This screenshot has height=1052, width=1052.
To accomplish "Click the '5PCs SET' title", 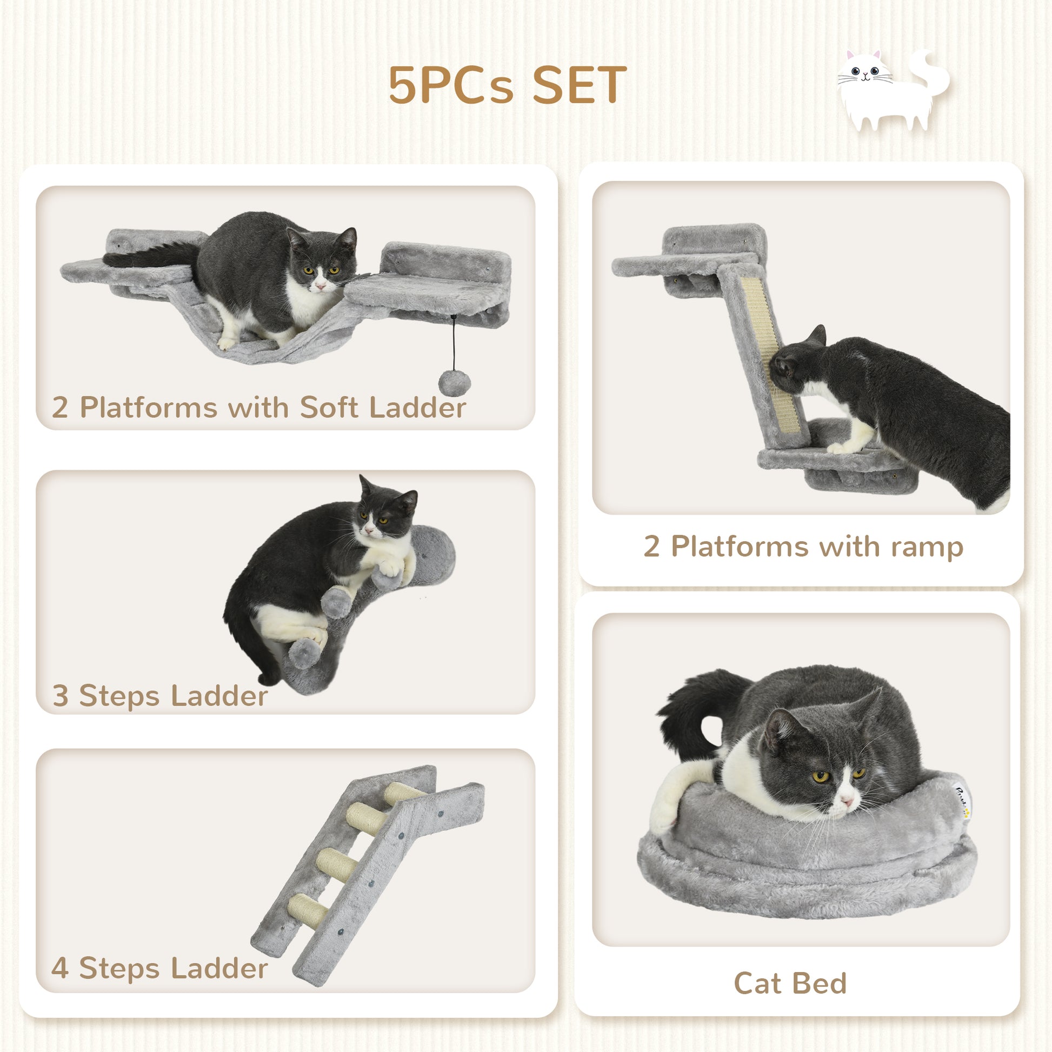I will coord(508,85).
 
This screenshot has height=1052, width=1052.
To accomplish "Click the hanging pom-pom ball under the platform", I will coord(454,383).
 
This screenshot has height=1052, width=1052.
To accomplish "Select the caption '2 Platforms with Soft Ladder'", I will coord(259,407).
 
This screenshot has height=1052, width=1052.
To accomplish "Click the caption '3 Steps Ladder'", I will coord(159,696).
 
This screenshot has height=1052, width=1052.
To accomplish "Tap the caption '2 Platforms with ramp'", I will coord(803,546).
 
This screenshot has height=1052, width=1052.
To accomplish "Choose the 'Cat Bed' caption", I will coord(790,983).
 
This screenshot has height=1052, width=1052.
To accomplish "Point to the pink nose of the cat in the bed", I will coord(847,802).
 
